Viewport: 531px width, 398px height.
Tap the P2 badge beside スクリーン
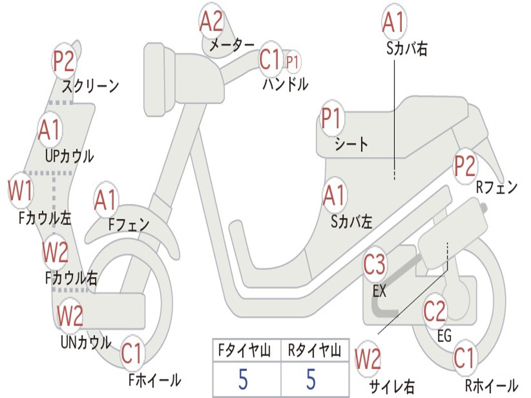click(x=64, y=61)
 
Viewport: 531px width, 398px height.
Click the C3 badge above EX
click(x=374, y=265)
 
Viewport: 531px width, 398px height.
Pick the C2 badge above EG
click(x=435, y=311)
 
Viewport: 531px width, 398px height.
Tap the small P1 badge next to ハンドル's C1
click(x=292, y=62)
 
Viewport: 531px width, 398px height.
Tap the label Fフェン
click(x=129, y=224)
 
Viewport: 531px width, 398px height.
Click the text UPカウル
click(x=69, y=155)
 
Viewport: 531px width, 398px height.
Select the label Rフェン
click(x=497, y=188)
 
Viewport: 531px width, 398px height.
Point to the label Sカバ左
click(x=352, y=222)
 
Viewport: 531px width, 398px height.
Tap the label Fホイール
click(x=155, y=380)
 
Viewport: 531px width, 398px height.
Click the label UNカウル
click(x=86, y=343)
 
